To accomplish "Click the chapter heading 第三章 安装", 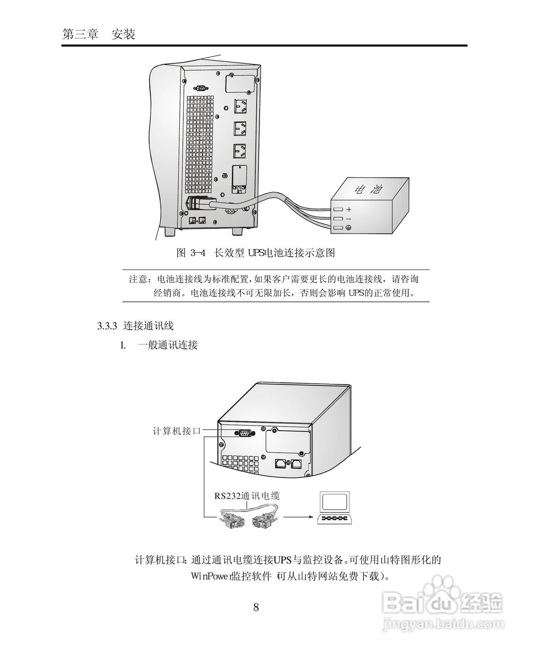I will click(x=98, y=35).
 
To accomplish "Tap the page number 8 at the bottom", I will click(x=256, y=607).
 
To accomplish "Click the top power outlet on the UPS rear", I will click(x=240, y=106).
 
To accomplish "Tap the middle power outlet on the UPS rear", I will click(x=240, y=128).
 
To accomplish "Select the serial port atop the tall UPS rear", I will click(x=200, y=88).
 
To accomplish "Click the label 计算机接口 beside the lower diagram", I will click(x=177, y=431).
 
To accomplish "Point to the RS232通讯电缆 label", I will click(x=247, y=495).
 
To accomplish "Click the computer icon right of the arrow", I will click(x=335, y=509).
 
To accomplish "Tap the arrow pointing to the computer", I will click(x=297, y=517).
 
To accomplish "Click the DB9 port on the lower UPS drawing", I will click(x=243, y=433).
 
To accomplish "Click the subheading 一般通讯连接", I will click(x=167, y=345).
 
